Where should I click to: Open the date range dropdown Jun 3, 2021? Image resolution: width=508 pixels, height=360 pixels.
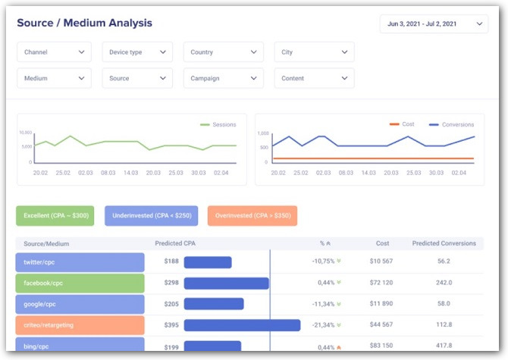(434, 24)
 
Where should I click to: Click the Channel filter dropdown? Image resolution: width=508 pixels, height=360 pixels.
(54, 52)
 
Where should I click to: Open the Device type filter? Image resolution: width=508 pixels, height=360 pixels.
(137, 52)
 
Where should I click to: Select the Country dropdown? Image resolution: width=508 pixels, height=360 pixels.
(223, 52)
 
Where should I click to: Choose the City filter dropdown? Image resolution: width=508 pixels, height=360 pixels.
(314, 52)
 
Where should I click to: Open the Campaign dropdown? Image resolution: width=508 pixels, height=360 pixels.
(223, 78)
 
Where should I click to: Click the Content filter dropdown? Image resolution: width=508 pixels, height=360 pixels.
(314, 78)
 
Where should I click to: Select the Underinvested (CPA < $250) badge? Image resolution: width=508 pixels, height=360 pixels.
(151, 216)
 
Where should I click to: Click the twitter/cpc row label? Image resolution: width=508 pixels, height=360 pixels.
(80, 262)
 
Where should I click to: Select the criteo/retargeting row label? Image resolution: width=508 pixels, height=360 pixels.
(80, 325)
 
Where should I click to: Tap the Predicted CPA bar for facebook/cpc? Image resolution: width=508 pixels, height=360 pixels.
(226, 283)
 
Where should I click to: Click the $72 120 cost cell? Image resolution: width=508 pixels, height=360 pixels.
(381, 283)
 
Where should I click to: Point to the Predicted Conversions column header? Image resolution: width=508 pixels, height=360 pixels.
(444, 243)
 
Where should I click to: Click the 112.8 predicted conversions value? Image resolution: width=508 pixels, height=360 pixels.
(444, 325)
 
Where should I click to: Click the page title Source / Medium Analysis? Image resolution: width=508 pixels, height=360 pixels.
(84, 23)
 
